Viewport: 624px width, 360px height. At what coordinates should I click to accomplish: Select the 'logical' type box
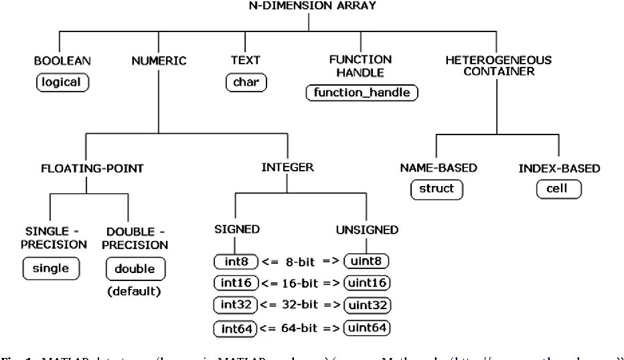(62, 82)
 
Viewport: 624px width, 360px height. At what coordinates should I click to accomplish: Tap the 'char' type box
(246, 82)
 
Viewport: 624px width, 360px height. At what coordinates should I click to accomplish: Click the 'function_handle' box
(362, 92)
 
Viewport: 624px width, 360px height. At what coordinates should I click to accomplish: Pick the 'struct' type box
(437, 189)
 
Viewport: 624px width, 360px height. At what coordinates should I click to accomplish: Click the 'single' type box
(51, 268)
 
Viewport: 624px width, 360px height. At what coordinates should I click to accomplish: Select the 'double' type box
(135, 269)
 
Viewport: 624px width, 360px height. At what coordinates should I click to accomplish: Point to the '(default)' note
(135, 291)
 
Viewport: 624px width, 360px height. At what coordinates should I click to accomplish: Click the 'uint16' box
(366, 283)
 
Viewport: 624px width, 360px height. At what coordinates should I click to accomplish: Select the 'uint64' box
(366, 328)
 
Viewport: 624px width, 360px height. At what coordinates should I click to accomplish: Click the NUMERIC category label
(159, 60)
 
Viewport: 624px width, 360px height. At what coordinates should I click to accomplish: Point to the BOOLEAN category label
(62, 60)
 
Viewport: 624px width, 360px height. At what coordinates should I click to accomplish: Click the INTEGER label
(287, 167)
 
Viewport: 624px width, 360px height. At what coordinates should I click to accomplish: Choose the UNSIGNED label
(367, 230)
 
